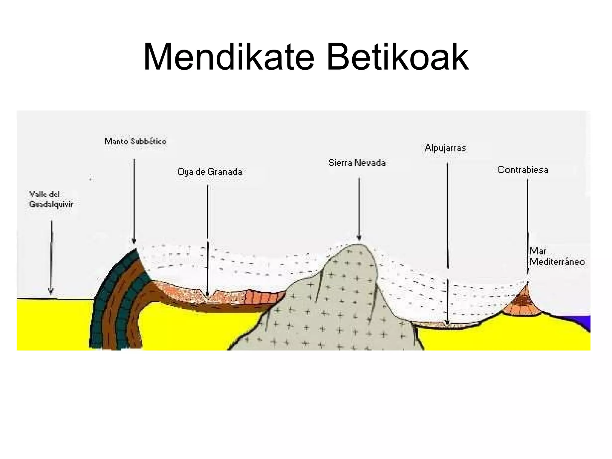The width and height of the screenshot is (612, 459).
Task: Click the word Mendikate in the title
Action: point(229,57)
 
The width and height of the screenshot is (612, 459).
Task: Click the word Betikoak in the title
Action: point(397,57)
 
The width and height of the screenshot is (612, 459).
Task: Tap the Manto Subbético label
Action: point(135,141)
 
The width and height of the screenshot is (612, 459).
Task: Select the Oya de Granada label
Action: point(210,172)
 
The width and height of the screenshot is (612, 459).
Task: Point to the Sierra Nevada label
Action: point(357,163)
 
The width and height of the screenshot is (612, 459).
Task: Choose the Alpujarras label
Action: point(445,148)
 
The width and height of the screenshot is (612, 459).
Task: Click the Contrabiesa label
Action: point(523,170)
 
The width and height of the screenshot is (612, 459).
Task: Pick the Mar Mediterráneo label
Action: point(556,257)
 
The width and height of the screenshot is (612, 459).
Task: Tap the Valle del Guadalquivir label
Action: point(51,199)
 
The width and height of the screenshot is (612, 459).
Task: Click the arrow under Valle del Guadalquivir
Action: point(51,257)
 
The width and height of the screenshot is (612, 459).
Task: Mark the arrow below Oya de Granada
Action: point(207,239)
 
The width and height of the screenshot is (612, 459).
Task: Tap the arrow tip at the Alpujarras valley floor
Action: point(447,322)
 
